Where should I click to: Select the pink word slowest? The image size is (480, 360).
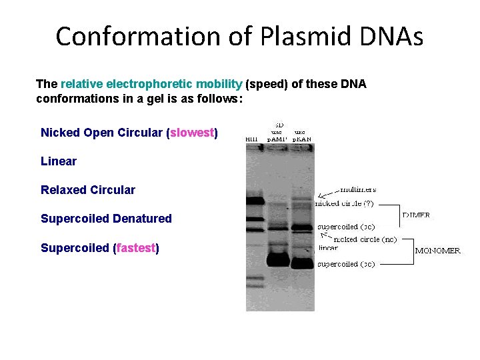click(192, 133)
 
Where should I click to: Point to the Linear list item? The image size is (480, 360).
click(59, 161)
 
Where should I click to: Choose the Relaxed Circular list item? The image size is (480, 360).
click(88, 190)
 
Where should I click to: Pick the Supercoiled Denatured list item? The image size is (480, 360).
click(106, 219)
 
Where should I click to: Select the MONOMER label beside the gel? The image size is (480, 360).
click(437, 251)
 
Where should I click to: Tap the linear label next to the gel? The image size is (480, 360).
click(328, 247)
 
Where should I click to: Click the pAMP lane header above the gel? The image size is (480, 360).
click(278, 139)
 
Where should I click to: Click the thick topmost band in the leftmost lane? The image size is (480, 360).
click(255, 199)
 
